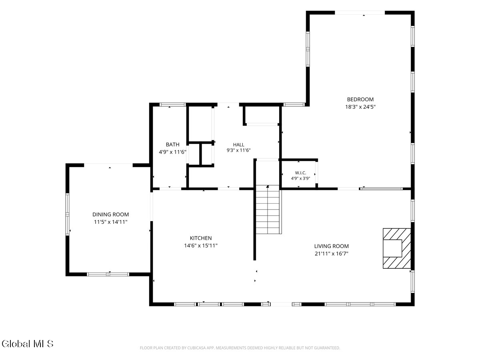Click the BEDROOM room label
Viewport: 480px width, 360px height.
[x=360, y=100]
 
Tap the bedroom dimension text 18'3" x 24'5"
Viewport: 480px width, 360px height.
[x=360, y=107]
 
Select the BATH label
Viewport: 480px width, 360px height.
[x=172, y=144]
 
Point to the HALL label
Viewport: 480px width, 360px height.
[x=238, y=145]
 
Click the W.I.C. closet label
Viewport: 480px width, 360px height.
[x=300, y=173]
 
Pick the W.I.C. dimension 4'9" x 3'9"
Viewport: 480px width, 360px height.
[x=300, y=178]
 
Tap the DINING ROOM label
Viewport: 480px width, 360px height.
[x=110, y=214]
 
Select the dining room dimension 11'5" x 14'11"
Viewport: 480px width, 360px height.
[x=110, y=222]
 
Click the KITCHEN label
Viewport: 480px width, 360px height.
[x=201, y=238]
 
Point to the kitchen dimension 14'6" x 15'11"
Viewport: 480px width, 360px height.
[x=201, y=246]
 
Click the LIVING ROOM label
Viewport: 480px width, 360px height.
[x=331, y=246]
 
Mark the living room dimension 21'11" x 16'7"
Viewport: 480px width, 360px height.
[x=331, y=254]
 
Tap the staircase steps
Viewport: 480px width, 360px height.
[x=268, y=209]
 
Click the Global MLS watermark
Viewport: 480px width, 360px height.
[x=28, y=344]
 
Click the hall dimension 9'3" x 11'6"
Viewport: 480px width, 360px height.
[x=238, y=150]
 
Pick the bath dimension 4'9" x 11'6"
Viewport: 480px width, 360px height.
[x=172, y=152]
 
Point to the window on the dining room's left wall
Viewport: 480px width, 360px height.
[x=67, y=214]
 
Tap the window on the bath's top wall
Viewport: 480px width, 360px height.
[x=172, y=104]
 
